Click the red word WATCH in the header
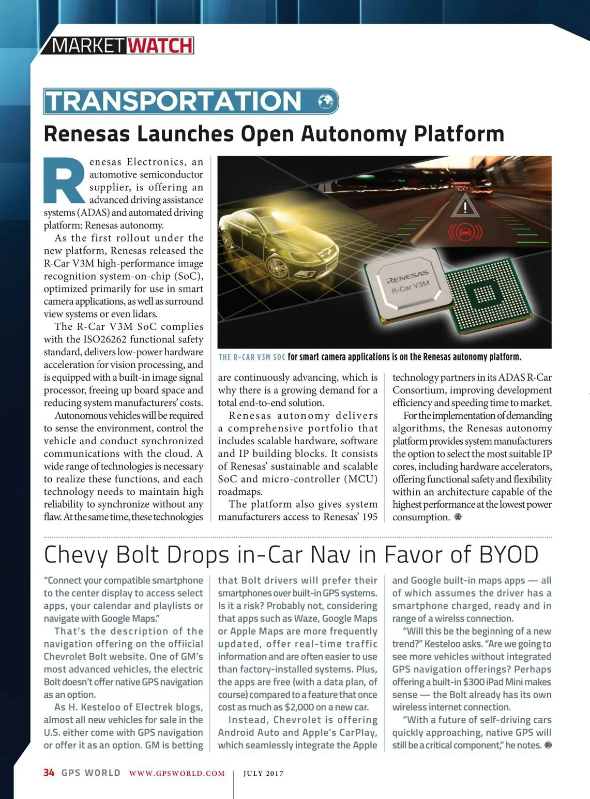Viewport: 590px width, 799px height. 160,46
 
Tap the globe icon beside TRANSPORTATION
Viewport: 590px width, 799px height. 325,101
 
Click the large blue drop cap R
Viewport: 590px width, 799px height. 64,180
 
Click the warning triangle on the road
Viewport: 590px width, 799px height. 465,206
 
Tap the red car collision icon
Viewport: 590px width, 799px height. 465,231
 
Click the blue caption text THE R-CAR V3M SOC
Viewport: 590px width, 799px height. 252,357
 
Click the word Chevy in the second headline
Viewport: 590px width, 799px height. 76,555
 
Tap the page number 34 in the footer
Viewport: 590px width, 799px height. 49,772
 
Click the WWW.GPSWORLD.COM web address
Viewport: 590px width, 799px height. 177,773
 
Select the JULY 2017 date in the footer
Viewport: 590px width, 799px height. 264,773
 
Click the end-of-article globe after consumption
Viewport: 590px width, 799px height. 458,517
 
